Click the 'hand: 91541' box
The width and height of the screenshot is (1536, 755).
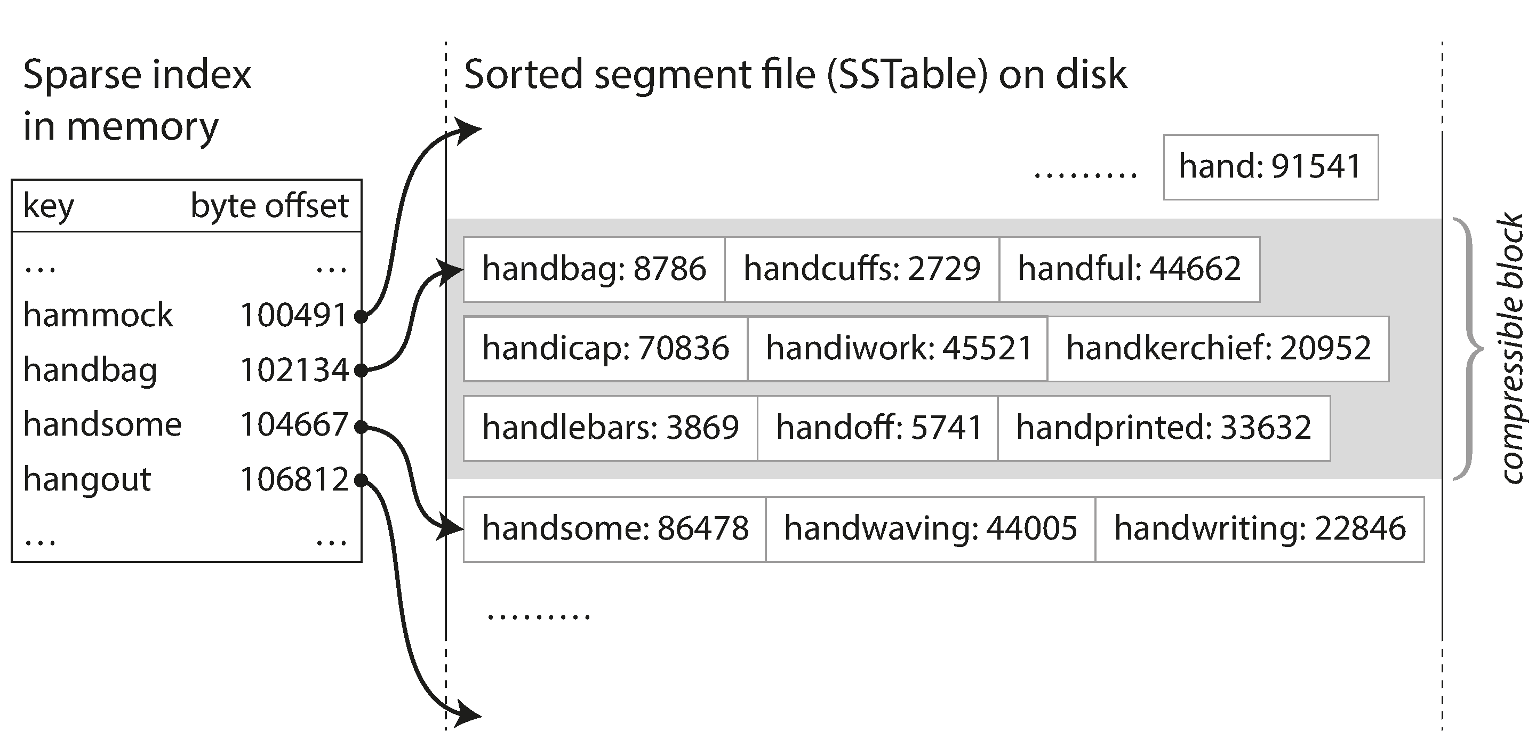point(1270,167)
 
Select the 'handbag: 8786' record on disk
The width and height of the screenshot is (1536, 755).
point(594,269)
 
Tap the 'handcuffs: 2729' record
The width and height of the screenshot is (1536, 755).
point(862,269)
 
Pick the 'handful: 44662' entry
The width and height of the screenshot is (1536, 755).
point(1130,269)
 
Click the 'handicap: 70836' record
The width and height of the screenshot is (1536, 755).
point(605,349)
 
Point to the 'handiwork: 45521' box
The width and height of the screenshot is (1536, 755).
point(898,349)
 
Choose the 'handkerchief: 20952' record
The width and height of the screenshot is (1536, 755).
point(1218,349)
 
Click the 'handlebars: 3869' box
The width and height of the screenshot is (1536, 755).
point(610,428)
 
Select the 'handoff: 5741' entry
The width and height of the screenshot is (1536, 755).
point(878,428)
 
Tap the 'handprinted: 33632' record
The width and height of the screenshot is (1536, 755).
point(1163,428)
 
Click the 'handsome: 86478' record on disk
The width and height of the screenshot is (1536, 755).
point(615,528)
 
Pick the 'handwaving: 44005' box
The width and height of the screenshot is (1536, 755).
point(930,528)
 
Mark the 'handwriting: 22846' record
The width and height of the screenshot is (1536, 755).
point(1259,528)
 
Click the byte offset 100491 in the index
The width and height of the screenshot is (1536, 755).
point(293,315)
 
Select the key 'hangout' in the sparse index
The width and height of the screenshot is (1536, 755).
point(87,479)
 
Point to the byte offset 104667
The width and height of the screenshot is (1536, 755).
point(293,425)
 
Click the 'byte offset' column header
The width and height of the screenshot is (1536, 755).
point(269,206)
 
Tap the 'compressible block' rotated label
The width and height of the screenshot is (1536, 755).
point(1511,349)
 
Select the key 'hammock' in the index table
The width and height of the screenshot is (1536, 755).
point(98,315)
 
